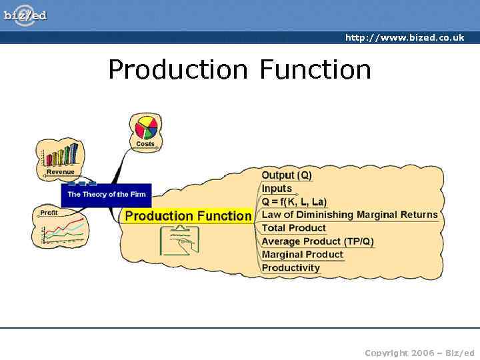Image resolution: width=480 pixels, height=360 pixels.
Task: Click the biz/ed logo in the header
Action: click(x=25, y=14)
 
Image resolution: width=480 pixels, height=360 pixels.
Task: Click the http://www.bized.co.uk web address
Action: click(x=404, y=38)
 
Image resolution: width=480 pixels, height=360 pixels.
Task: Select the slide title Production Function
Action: click(x=239, y=69)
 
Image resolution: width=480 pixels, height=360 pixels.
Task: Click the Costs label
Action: click(x=145, y=144)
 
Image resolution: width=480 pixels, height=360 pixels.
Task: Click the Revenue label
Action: click(x=60, y=172)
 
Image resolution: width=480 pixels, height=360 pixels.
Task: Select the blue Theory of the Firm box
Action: click(x=106, y=195)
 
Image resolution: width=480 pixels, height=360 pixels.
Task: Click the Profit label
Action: click(x=49, y=213)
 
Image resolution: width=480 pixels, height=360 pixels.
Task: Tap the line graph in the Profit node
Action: click(x=62, y=230)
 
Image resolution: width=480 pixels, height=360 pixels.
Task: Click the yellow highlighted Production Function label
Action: click(x=188, y=216)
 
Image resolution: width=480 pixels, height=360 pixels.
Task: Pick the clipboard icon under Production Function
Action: click(x=179, y=241)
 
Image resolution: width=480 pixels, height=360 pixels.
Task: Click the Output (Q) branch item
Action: click(x=287, y=175)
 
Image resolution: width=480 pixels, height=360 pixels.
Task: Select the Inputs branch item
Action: click(x=277, y=189)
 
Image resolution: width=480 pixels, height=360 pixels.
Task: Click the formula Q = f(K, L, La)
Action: click(x=294, y=201)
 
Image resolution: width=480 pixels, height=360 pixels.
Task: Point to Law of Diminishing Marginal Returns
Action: click(x=349, y=215)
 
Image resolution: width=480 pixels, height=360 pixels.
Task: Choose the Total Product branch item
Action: click(x=293, y=228)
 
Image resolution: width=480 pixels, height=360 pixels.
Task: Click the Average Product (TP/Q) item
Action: click(x=317, y=241)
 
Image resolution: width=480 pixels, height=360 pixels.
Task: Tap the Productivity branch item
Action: click(x=291, y=268)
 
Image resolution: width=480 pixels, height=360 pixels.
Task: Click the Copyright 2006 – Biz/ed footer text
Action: click(x=419, y=353)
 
